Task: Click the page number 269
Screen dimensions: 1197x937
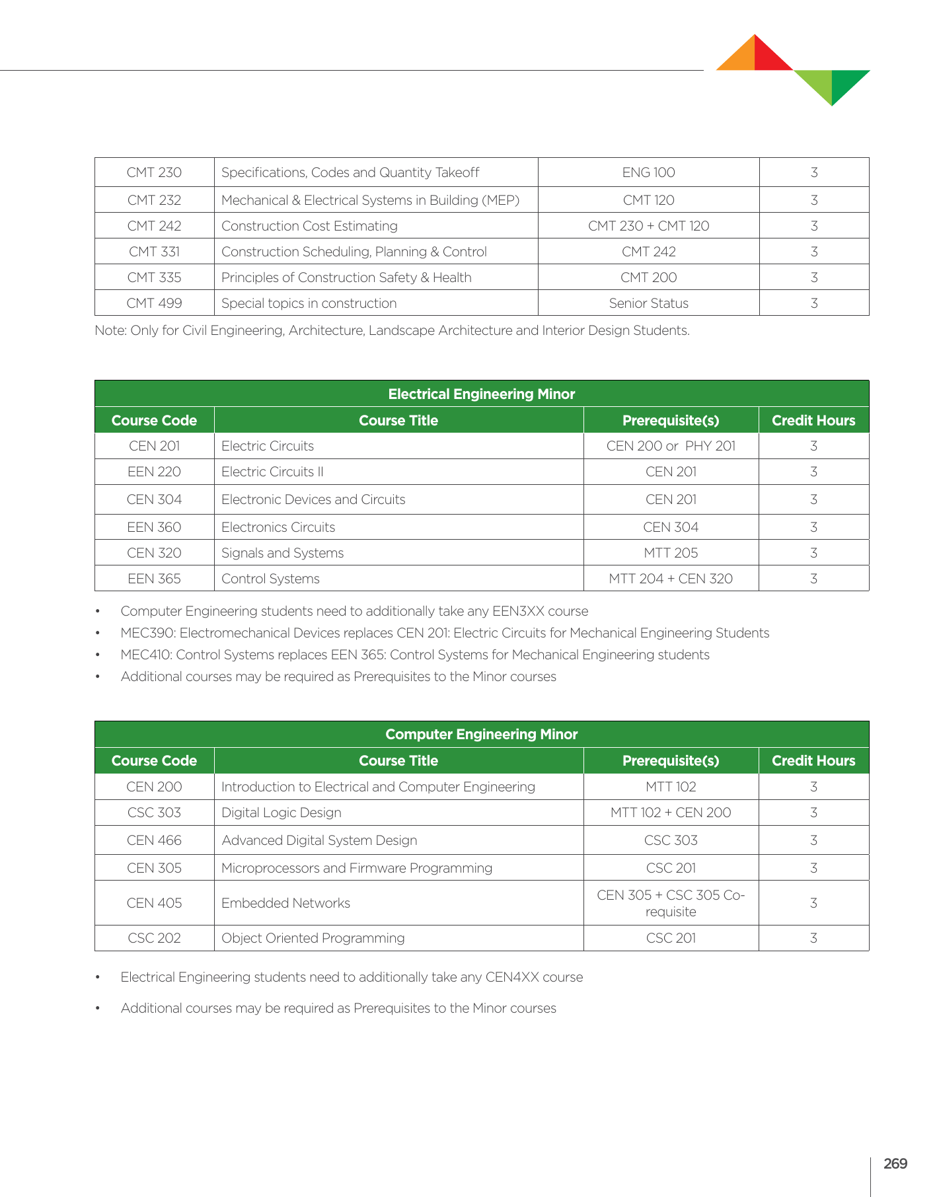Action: coord(895,1163)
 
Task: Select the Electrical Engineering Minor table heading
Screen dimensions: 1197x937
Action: coord(481,394)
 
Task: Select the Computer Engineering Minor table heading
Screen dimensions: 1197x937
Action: coord(481,734)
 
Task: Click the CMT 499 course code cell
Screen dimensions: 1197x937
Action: coord(154,303)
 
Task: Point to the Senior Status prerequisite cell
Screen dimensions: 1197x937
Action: coord(648,303)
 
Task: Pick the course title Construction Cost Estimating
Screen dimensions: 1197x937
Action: coord(309,226)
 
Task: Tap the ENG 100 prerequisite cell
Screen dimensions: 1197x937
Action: coord(648,172)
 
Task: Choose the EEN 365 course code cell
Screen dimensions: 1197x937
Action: coord(154,579)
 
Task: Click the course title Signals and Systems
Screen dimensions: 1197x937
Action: coord(282,553)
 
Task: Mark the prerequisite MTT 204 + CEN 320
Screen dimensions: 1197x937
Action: coord(670,579)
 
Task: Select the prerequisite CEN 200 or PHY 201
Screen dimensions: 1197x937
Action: coord(670,446)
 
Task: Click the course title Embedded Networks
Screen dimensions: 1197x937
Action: coord(285,903)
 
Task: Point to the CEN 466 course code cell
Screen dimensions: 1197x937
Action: coord(154,840)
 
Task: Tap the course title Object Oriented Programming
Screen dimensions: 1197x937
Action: coord(313,938)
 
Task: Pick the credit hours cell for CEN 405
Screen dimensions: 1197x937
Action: coord(813,903)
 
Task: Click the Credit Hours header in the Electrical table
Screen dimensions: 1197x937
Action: coord(813,420)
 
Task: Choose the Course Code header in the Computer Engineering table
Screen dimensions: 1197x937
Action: coord(154,760)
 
